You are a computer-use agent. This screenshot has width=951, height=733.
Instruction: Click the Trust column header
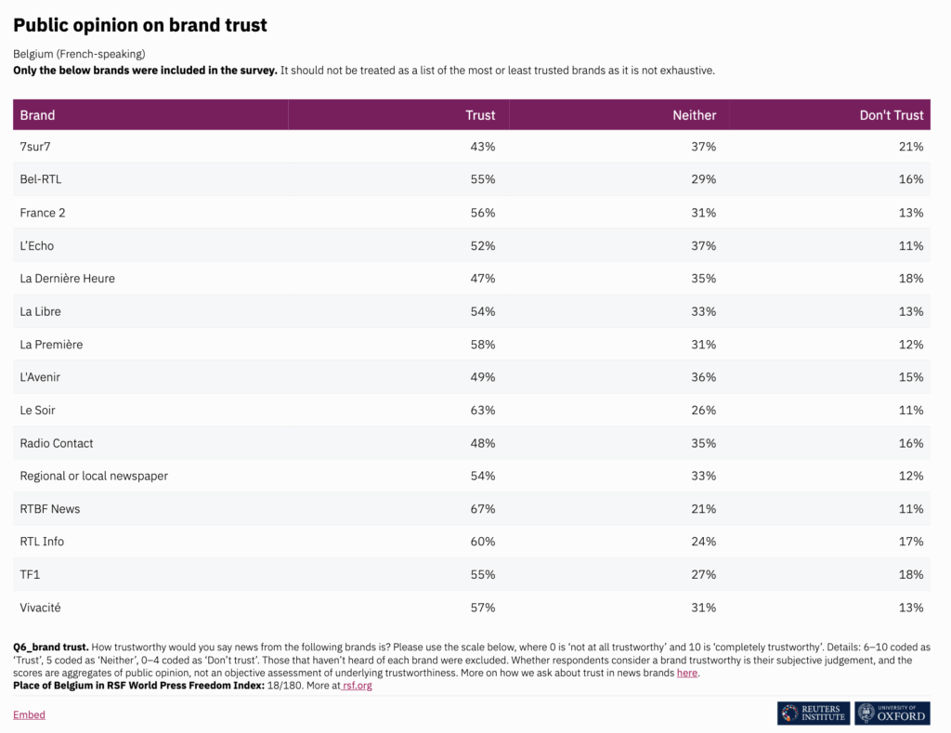[x=480, y=115]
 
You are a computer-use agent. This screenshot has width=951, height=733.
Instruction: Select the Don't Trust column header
[x=892, y=115]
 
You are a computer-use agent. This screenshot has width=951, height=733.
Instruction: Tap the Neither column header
[x=694, y=115]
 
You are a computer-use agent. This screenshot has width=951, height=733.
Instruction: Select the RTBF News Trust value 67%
[x=482, y=509]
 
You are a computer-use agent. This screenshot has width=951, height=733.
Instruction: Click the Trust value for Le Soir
[x=482, y=410]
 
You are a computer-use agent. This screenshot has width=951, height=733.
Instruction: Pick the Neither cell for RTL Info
[x=703, y=542]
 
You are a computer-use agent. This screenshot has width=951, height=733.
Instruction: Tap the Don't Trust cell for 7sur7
[x=911, y=147]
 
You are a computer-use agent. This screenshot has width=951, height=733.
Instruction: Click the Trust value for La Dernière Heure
[x=482, y=279]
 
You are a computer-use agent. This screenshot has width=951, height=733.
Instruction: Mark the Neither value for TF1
[x=703, y=575]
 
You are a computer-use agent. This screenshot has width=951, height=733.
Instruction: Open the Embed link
[x=29, y=714]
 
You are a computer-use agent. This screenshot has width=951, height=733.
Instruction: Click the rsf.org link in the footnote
[x=358, y=686]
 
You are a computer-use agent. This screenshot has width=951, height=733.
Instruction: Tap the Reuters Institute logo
[x=814, y=713]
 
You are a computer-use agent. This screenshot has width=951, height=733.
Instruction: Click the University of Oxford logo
[x=892, y=713]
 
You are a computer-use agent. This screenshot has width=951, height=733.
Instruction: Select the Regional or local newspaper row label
[x=94, y=476]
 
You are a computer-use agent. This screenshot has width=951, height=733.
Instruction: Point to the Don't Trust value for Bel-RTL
[x=911, y=179]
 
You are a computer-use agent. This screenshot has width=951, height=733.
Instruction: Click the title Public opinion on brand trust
[x=140, y=25]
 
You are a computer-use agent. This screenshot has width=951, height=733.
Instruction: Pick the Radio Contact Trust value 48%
[x=482, y=443]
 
